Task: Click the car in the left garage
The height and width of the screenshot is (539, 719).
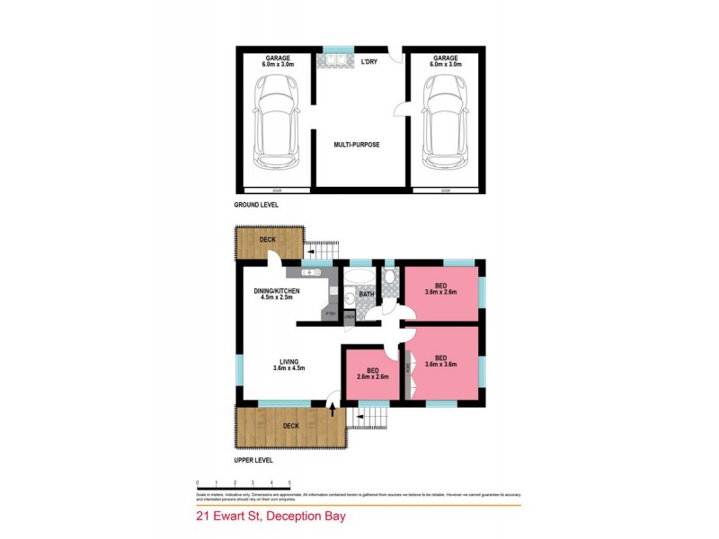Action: tap(276, 121)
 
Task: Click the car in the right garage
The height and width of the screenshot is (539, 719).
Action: tap(444, 121)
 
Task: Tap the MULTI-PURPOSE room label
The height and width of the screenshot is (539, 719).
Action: tap(357, 145)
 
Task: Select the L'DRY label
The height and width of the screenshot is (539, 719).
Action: tap(369, 62)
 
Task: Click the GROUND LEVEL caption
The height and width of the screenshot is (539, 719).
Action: tap(256, 205)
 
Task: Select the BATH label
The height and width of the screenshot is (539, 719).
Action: tap(367, 294)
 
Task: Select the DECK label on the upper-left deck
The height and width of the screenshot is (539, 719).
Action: tap(268, 240)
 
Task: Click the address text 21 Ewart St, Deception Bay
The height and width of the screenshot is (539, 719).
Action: tap(271, 517)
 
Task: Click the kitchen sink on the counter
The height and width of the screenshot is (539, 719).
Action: tap(311, 271)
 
